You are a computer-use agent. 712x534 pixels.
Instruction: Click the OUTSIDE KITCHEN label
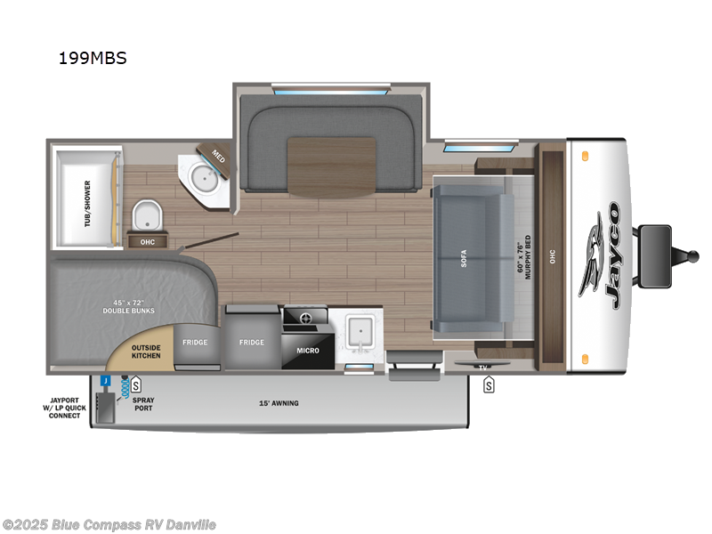[146, 352]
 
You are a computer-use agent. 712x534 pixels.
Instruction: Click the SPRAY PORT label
[142, 404]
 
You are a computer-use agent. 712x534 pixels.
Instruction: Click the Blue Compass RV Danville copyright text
[109, 525]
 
